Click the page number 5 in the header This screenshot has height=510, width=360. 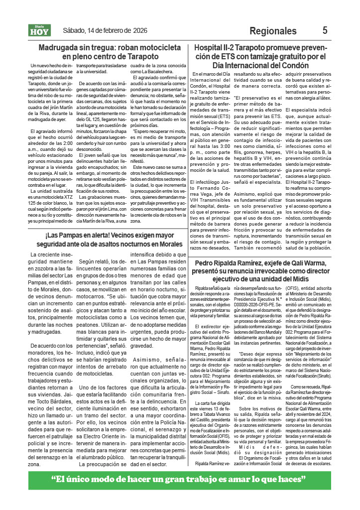pyautogui.click(x=325, y=30)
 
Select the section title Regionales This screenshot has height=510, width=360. pyautogui.click(x=273, y=31)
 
